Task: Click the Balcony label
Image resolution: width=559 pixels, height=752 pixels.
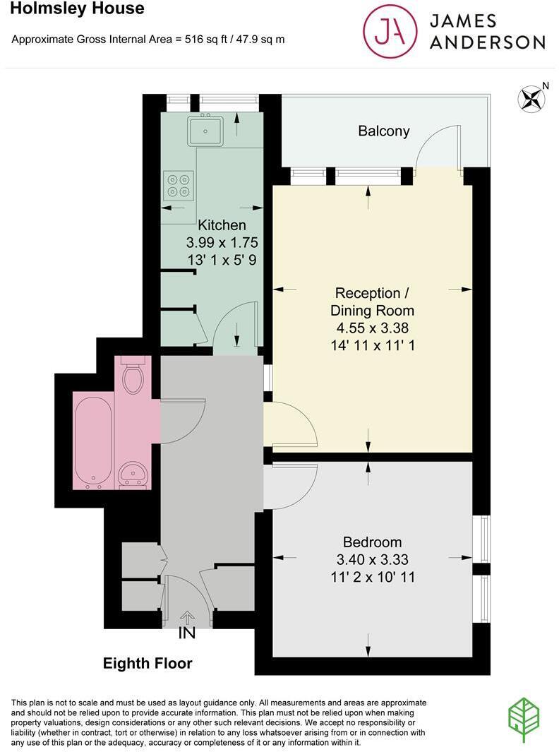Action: [383, 131]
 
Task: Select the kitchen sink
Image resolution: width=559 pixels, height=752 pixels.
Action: [205, 129]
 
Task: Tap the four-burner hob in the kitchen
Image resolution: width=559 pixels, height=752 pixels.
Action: [178, 185]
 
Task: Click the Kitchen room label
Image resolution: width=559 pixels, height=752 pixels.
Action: [222, 225]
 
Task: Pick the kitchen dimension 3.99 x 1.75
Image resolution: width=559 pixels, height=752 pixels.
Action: [222, 242]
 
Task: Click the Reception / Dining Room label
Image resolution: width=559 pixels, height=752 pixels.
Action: [372, 302]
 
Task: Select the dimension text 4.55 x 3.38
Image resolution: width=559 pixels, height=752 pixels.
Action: [372, 328]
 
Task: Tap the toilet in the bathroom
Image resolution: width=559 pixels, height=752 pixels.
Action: [133, 376]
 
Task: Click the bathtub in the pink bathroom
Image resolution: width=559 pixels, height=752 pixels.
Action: [94, 443]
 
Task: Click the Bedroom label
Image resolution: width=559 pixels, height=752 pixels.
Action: [372, 542]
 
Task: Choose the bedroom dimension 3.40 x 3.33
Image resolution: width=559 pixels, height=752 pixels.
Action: [372, 560]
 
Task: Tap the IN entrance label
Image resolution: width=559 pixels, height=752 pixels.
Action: [186, 633]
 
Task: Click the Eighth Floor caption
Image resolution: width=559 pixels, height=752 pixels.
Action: [148, 664]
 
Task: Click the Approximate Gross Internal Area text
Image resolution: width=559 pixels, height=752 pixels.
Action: [148, 39]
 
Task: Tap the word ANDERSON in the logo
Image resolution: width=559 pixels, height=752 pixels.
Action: [488, 42]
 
